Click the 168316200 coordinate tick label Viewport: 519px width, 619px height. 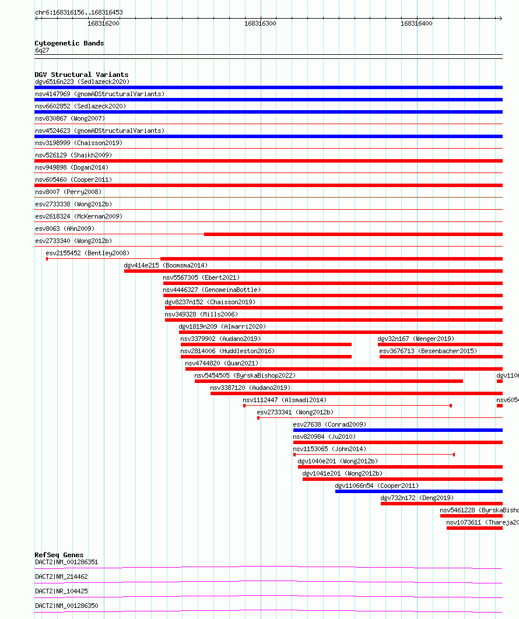[103, 23]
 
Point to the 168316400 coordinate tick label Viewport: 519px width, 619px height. [416, 23]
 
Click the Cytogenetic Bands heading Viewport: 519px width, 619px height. [69, 43]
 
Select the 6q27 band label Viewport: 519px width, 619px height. [42, 50]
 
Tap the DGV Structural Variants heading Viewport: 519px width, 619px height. [81, 75]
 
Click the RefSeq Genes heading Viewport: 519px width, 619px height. [59, 555]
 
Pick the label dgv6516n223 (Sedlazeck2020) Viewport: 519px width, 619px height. [82, 82]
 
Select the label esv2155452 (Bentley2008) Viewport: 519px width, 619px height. [87, 253]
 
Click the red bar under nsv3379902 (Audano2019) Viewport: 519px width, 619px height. [266, 344]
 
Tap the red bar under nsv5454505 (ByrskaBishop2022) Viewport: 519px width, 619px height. [328, 381]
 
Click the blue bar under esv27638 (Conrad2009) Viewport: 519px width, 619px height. [397, 430]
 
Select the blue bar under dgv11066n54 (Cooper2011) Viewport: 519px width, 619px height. [418, 491]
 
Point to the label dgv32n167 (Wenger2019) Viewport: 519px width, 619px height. [415, 339]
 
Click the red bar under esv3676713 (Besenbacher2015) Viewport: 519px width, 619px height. [440, 357]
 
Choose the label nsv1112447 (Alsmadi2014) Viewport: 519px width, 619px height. [285, 400]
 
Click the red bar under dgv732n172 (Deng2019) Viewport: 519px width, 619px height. [441, 504]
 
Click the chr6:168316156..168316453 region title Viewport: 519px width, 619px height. [79, 12]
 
